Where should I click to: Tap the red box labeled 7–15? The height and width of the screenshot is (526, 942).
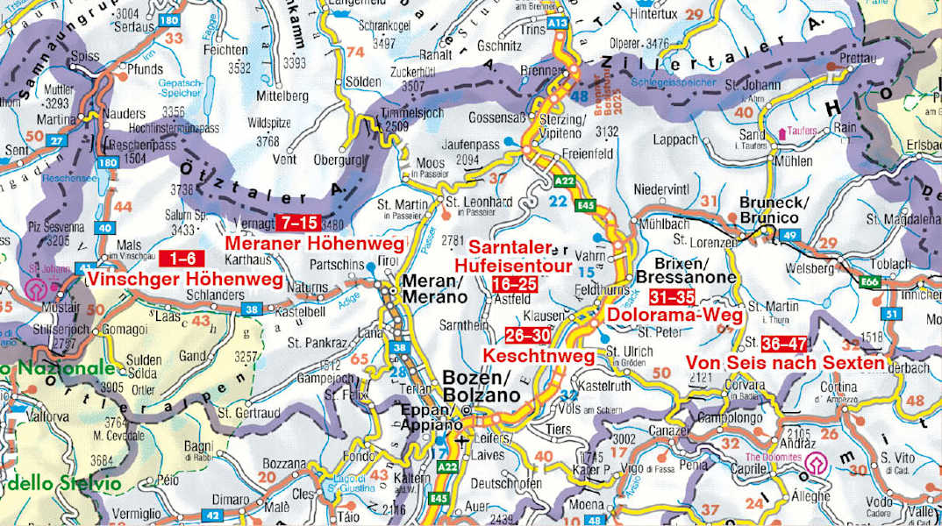297,222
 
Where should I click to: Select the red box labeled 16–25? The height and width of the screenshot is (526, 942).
515,284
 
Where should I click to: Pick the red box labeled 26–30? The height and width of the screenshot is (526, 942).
529,335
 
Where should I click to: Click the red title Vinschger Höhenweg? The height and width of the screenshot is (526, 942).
185,280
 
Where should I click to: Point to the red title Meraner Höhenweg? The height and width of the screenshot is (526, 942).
314,242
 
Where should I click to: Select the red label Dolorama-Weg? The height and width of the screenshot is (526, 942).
675,314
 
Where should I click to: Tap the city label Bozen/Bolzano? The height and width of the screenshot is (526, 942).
477,387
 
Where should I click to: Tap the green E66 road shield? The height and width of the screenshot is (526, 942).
871,282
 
